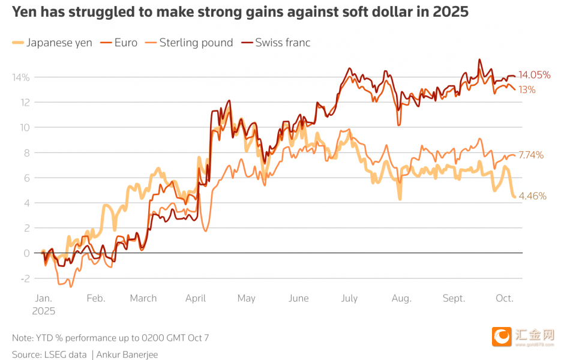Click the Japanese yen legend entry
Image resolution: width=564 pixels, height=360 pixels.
[59, 43]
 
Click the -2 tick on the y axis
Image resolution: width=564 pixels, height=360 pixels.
[25, 278]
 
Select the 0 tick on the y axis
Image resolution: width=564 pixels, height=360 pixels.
[27, 253]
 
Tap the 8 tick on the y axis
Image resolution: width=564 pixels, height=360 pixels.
[27, 152]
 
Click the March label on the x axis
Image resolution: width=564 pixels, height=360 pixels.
[143, 298]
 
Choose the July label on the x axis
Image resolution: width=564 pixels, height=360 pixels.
[349, 298]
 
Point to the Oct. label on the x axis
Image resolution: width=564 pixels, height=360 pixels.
[505, 298]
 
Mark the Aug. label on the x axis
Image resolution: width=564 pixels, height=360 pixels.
[401, 298]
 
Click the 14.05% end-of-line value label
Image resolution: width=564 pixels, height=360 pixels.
[535, 75]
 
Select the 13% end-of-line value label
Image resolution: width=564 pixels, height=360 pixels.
[527, 90]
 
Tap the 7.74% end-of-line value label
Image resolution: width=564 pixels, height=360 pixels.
[531, 155]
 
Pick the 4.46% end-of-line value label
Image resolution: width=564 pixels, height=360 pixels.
[533, 196]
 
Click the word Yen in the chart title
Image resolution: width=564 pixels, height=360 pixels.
[24, 11]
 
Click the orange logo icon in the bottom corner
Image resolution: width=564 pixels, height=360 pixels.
[502, 337]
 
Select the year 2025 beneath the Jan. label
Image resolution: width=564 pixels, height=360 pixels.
[43, 311]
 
